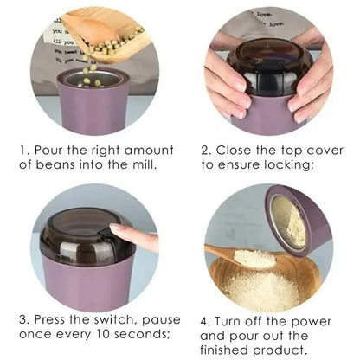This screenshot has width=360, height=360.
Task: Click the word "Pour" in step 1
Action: (53, 150)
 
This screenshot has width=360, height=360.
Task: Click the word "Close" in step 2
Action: (236, 150)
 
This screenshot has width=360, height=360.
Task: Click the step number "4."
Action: (207, 319)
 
